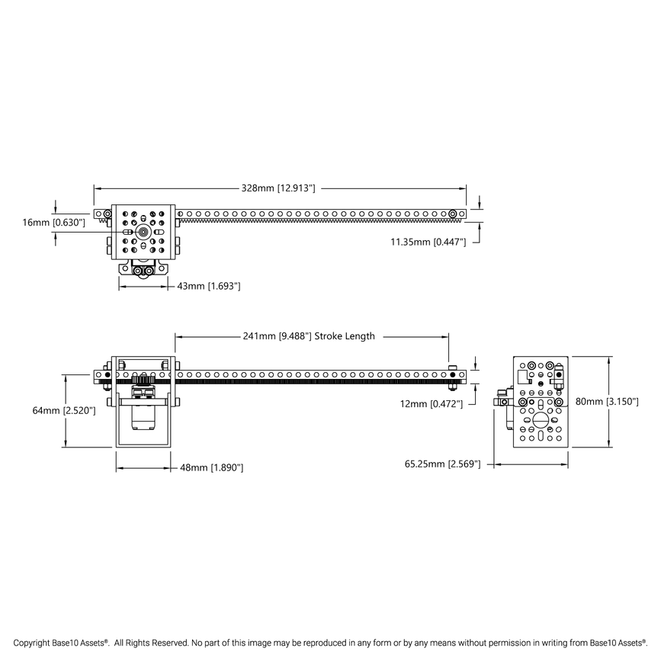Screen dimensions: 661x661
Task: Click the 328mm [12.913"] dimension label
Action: (278, 187)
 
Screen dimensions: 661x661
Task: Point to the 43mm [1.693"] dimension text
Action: (209, 286)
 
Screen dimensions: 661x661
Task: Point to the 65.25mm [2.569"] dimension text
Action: (442, 464)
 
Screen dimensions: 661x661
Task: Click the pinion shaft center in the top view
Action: (143, 231)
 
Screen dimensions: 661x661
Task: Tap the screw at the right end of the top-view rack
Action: (453, 213)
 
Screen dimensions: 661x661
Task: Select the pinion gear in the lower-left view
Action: (143, 379)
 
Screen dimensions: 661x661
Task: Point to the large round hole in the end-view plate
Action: (541, 419)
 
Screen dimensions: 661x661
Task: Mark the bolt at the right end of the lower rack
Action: (454, 374)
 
